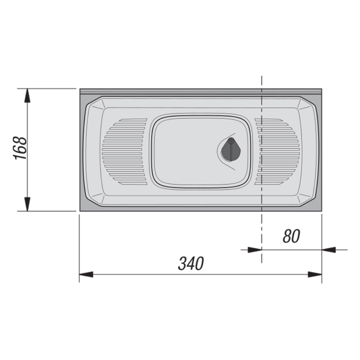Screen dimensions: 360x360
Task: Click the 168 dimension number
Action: point(20,148)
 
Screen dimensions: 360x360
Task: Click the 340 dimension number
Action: point(191,264)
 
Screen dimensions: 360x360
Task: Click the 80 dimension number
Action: point(291,236)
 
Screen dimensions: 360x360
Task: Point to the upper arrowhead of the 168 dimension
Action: point(27,95)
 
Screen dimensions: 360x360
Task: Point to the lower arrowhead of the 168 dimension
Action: point(27,204)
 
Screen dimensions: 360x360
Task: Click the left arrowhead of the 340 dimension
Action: point(86,274)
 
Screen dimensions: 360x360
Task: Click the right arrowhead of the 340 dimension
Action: point(315,274)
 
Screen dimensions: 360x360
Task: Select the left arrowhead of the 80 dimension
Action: point(255,250)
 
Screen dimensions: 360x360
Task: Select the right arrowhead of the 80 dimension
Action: point(329,250)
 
